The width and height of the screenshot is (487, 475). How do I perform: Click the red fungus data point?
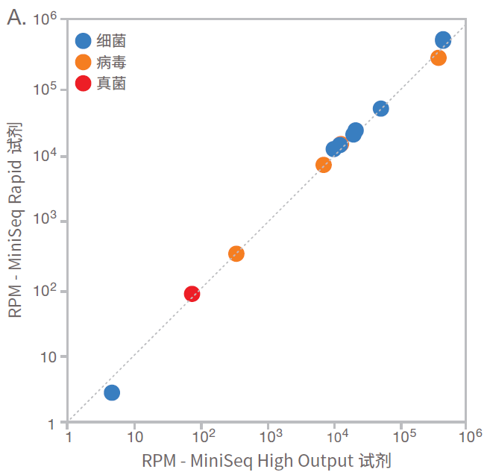coord(192,294)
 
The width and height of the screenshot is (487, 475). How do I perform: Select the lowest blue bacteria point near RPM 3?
coord(112,392)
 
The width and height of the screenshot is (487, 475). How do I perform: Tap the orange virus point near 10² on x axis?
coord(236,254)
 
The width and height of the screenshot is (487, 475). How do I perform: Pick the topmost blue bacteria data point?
coord(443,40)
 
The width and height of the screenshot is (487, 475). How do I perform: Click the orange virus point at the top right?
coord(439,57)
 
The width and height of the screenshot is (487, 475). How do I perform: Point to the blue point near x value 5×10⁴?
coord(380,109)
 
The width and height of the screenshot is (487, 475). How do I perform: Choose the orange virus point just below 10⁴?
coord(324,165)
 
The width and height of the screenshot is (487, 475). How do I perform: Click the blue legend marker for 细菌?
coord(84,42)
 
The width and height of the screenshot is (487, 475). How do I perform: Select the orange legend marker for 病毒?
coord(84,63)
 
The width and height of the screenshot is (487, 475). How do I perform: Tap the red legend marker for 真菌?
coord(84,84)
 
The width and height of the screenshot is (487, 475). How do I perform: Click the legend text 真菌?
coord(111,84)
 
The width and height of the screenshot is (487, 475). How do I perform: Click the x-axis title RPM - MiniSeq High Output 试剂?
coord(266,460)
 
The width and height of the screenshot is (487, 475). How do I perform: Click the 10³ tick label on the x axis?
coord(269,435)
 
